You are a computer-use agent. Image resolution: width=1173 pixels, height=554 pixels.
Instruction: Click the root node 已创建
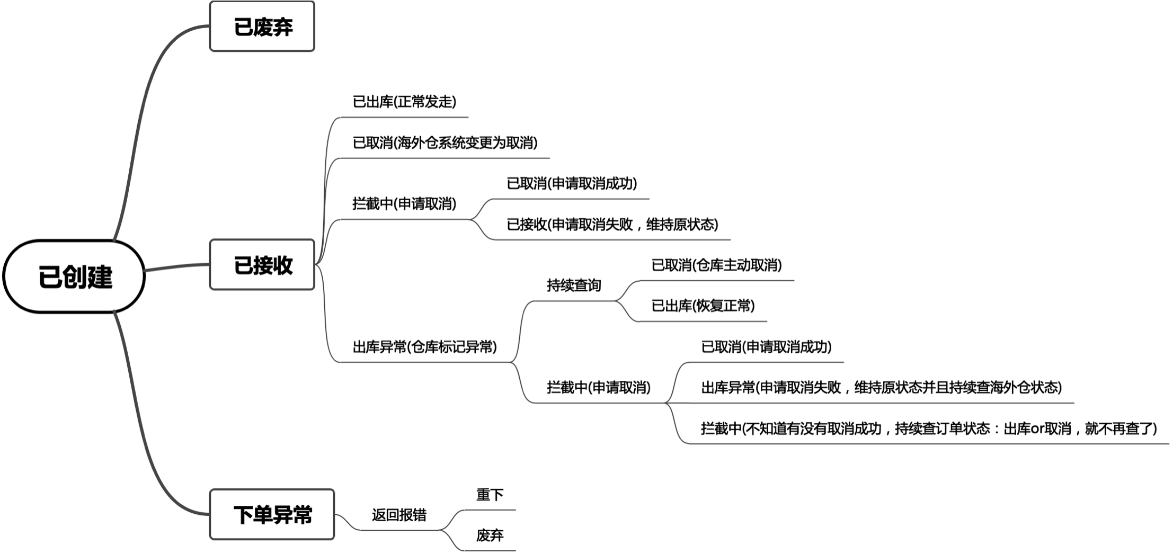point(74,276)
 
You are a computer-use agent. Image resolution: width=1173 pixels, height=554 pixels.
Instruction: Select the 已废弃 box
point(262,26)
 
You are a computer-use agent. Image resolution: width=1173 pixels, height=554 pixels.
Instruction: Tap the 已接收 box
point(262,265)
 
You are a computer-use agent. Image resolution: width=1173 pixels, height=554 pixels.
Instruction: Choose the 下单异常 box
point(272,514)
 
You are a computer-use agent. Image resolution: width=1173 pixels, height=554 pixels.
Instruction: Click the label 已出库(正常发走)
point(404,102)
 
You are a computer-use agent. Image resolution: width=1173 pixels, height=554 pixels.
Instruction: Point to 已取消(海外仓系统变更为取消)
point(445,142)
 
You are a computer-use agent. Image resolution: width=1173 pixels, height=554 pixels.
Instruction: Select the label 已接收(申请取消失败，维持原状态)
point(612,225)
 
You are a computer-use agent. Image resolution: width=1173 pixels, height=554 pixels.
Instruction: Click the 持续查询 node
point(574,285)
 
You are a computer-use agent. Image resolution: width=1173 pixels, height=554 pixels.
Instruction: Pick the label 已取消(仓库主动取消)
point(716,265)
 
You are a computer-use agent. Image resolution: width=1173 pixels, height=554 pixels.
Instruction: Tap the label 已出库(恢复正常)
point(703,306)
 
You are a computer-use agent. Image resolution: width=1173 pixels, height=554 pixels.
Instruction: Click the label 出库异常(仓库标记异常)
point(425,347)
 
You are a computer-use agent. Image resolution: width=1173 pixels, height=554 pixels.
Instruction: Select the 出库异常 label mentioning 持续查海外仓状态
point(882,388)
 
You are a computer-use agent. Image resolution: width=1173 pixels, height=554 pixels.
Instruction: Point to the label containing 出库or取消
point(929,428)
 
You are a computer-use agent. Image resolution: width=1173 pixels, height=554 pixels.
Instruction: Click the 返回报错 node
point(399,515)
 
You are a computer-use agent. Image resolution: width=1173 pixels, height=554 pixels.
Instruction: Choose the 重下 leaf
point(490,495)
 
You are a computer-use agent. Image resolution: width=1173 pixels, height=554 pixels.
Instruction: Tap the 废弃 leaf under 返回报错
point(490,535)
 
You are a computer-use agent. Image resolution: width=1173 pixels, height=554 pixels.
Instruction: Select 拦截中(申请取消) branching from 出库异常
point(599,388)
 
